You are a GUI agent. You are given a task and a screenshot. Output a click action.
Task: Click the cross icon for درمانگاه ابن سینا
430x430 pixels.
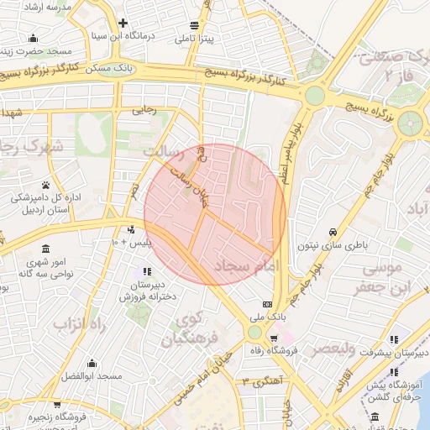click(123, 23)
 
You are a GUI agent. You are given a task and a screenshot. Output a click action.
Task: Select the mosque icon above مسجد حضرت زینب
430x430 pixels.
click(33, 38)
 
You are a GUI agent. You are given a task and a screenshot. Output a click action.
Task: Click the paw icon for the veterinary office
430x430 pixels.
click(45, 185)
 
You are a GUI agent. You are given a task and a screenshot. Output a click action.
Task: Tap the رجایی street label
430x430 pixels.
click(144, 109)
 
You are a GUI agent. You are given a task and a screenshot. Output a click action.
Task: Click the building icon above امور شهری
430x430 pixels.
click(44, 249)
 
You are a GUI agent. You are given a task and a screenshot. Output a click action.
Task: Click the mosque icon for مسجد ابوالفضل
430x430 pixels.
click(92, 364)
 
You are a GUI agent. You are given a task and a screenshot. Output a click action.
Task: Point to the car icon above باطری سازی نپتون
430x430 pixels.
click(333, 232)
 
